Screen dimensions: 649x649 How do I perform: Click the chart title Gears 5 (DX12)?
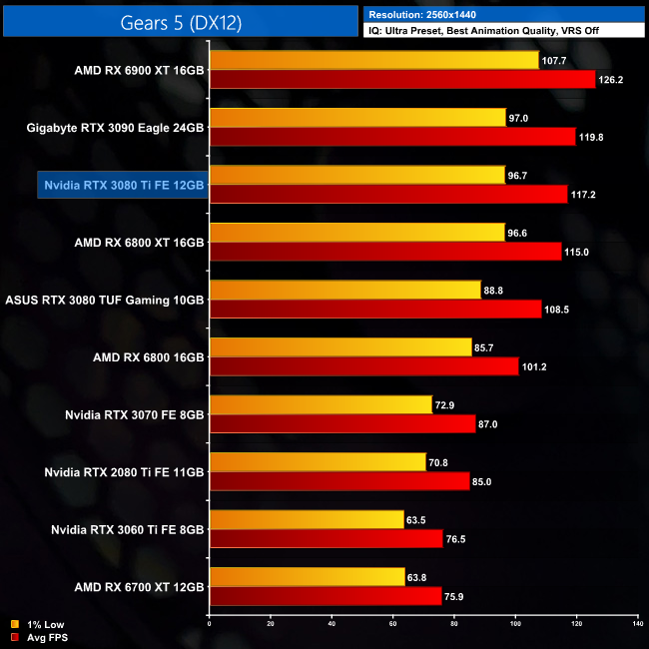[x=180, y=20]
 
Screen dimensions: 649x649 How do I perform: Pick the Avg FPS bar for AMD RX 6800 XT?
[x=385, y=252]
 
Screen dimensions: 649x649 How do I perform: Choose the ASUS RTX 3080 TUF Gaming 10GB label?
[x=105, y=300]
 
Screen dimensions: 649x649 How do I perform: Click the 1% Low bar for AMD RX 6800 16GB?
[x=339, y=347]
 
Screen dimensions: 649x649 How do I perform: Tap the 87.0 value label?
[x=489, y=424]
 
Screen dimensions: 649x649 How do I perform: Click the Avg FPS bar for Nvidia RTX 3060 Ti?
[x=325, y=538]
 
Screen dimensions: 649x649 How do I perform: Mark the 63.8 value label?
[x=419, y=577]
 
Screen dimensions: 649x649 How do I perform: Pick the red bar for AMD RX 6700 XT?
[x=324, y=596]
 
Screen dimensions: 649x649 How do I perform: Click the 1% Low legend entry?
[x=40, y=624]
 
